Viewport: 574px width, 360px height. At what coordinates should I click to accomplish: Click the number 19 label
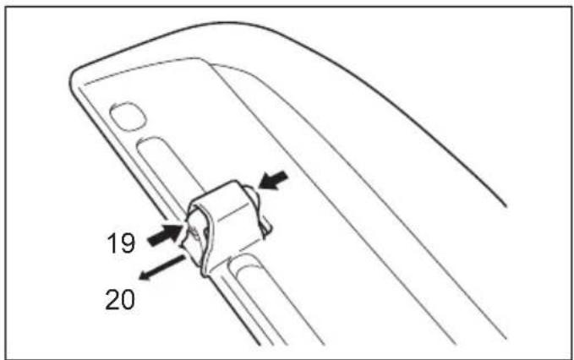click(121, 243)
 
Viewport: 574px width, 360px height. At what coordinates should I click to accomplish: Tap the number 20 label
click(120, 300)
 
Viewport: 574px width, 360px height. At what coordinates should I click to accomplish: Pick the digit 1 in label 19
click(112, 243)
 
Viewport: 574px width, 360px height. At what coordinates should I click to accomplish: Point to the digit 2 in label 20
click(112, 300)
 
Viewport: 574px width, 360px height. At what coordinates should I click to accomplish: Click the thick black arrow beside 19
click(165, 235)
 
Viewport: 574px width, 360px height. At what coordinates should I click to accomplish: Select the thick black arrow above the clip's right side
click(273, 180)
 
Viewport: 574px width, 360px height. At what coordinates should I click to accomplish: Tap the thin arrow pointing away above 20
click(161, 268)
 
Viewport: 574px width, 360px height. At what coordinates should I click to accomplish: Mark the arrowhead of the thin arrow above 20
click(144, 276)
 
